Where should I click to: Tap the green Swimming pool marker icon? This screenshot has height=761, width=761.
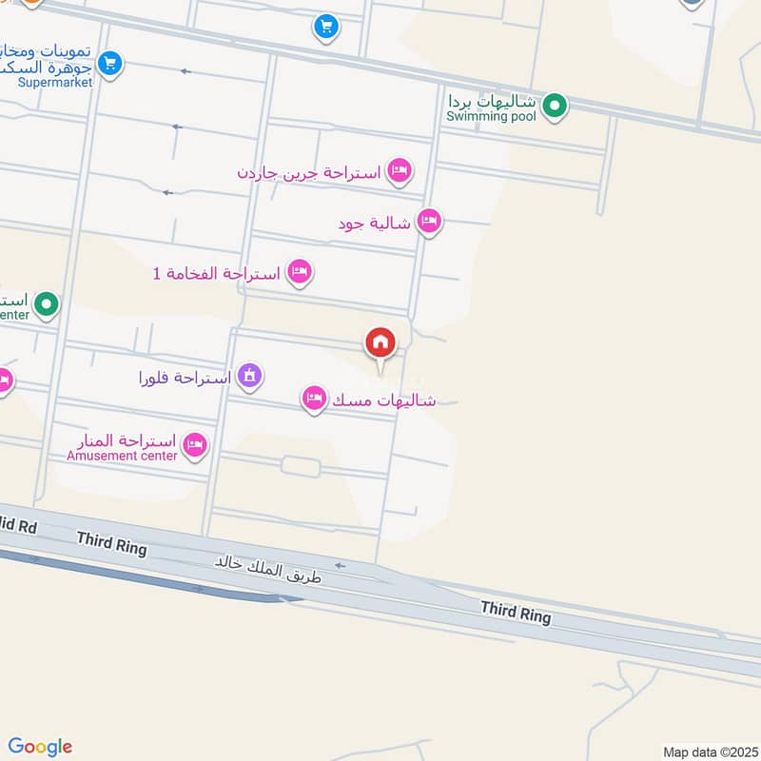click(x=555, y=106)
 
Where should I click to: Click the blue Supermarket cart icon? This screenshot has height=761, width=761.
click(x=110, y=64)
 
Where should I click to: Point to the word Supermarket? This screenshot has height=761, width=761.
click(x=55, y=83)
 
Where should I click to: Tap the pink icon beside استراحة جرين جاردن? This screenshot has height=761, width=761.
click(x=400, y=171)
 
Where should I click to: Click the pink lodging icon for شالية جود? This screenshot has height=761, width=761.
click(x=429, y=222)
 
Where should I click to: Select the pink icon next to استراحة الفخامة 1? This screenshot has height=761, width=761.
click(x=300, y=272)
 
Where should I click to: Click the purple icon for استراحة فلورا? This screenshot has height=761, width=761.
click(x=249, y=377)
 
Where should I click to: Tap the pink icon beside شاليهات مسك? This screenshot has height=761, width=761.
click(x=314, y=400)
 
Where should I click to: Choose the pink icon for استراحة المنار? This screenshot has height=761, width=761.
click(x=195, y=443)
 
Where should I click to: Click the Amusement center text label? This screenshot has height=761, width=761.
click(x=122, y=456)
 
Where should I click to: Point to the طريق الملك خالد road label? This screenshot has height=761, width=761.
click(x=268, y=569)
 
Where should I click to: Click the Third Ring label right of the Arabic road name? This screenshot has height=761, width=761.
click(x=516, y=612)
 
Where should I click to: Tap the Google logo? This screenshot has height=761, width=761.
click(x=39, y=747)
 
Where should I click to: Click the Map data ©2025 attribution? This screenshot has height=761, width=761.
click(x=708, y=751)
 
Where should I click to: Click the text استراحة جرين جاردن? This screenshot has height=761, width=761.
click(x=309, y=172)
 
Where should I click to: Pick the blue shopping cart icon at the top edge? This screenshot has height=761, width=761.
click(x=326, y=27)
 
